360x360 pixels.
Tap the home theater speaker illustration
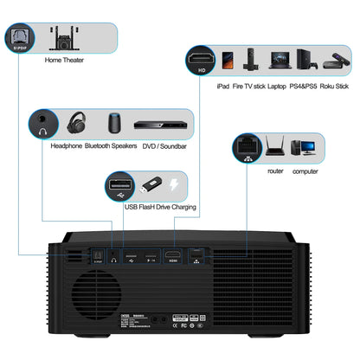coord(62,37)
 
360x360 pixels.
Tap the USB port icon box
coord(119,186)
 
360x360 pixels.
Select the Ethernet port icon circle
coord(245,148)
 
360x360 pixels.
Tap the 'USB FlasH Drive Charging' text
coord(160,209)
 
